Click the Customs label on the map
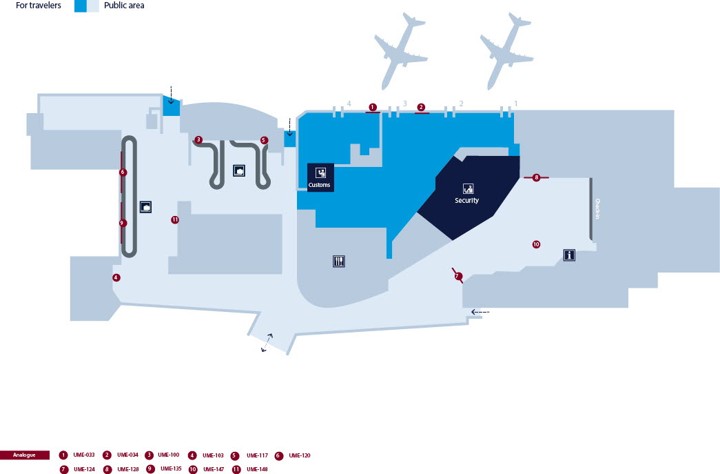point(320,185)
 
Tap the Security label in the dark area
point(466,200)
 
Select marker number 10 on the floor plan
point(536,244)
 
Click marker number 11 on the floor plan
point(175,220)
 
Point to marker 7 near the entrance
point(457,276)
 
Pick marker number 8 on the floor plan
point(536,178)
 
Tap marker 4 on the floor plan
point(116,277)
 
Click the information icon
point(569,255)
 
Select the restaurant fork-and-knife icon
point(338,261)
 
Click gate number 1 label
point(515,103)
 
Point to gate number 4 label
point(349,103)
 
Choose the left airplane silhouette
point(400,50)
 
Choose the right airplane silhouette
point(506,50)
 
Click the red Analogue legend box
point(25,455)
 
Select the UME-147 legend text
point(214,469)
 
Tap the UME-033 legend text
point(83,455)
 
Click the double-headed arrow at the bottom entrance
point(265,343)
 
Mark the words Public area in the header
point(124,6)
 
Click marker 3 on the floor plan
point(198,139)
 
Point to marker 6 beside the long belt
point(123,172)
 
